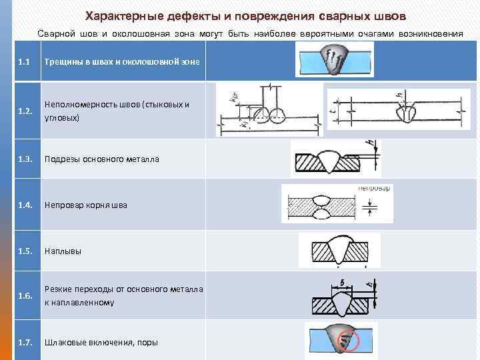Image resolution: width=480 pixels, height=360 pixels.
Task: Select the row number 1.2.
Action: point(26,111)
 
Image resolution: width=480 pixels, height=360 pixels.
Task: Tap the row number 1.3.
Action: point(26,159)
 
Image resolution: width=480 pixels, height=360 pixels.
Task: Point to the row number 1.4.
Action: point(26,205)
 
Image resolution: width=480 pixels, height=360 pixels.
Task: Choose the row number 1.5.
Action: point(26,251)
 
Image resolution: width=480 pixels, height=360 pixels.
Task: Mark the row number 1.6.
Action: point(26,296)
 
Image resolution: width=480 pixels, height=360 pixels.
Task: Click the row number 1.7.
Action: point(26,343)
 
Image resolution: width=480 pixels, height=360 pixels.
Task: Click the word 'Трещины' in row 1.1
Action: point(63,62)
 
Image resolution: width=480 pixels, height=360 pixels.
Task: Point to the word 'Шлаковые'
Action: point(65,343)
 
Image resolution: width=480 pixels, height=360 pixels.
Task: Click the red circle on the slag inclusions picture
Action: point(347,342)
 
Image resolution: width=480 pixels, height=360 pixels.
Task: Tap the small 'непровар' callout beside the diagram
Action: point(375,189)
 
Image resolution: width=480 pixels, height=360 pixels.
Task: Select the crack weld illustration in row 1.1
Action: point(335,61)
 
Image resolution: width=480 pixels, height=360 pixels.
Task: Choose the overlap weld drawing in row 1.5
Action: point(344,251)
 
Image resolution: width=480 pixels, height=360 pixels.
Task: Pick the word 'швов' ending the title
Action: point(389,15)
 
